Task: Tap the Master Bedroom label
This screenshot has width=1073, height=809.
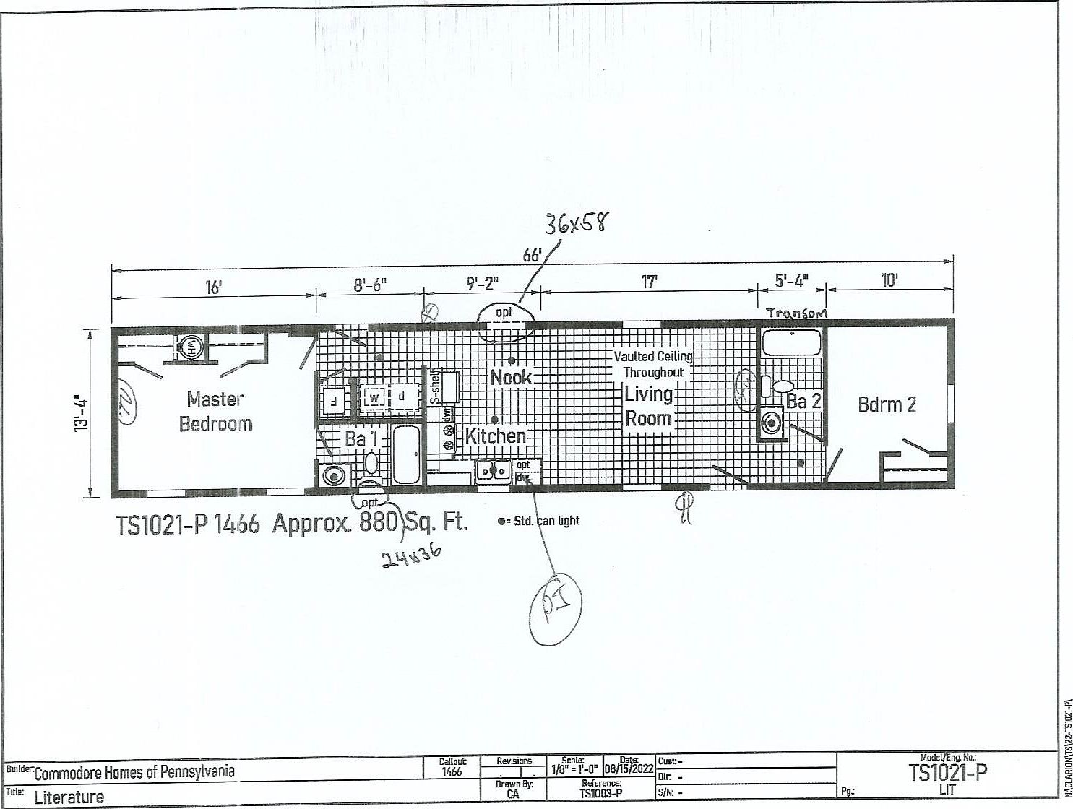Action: point(215,411)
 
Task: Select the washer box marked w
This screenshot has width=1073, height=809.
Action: point(374,397)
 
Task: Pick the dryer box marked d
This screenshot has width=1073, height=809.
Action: point(402,397)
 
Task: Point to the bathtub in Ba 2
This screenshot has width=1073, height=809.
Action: point(792,342)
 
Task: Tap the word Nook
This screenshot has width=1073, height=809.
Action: point(511,377)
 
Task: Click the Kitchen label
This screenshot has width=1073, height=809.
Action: point(496,436)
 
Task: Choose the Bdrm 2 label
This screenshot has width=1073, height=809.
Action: point(887,404)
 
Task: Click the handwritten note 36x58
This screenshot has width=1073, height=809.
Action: point(577,222)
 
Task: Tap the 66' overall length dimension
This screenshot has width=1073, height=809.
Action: point(532,256)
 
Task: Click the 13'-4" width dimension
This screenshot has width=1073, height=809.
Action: point(81,413)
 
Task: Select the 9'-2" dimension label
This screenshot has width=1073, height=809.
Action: point(482,282)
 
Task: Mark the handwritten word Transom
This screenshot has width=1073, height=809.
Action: point(796,313)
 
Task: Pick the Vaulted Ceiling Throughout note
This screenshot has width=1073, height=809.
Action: point(653,364)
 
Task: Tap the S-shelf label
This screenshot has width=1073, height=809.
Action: point(435,385)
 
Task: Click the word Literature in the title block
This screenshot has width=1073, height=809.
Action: point(69,797)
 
